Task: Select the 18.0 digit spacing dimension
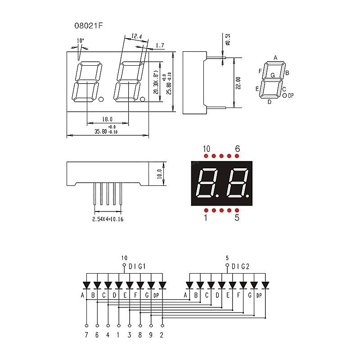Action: tap(107, 119)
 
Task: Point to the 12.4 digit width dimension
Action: tap(136, 36)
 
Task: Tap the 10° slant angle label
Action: tap(80, 40)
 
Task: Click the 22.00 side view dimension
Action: tap(238, 83)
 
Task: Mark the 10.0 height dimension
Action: tap(159, 173)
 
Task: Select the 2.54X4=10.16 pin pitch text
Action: tap(108, 220)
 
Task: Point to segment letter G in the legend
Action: tap(273, 75)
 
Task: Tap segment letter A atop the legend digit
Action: tap(275, 58)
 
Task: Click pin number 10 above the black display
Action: tap(206, 149)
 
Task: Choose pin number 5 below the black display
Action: tap(237, 218)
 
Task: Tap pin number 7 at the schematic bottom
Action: tap(86, 334)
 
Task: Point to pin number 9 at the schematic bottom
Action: tap(151, 334)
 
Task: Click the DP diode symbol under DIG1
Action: tap(162, 285)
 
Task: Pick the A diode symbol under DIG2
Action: tap(189, 285)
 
